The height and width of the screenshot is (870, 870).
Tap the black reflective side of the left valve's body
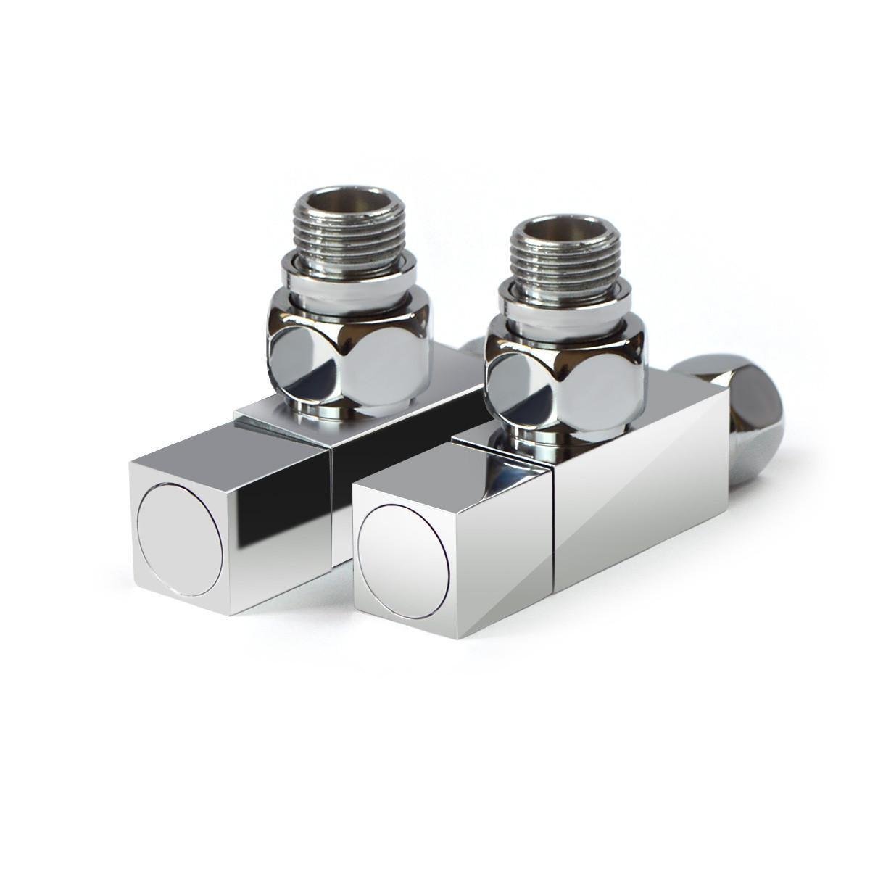tap(406, 442)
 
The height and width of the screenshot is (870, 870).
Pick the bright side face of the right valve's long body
tap(638, 493)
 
